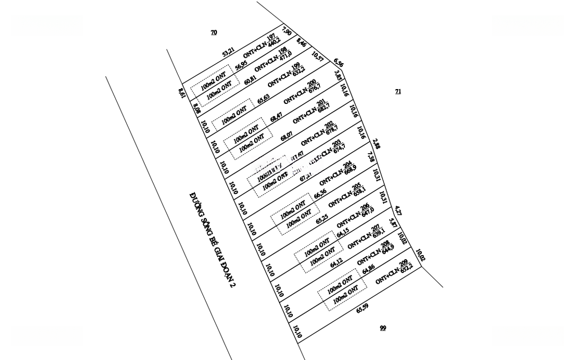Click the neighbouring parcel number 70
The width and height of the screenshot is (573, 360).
pos(214,32)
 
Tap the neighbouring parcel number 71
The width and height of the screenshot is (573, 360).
pos(398,91)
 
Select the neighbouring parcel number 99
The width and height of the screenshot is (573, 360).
pos(383,328)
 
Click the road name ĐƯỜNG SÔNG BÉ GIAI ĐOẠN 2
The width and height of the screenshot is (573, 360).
pos(213,240)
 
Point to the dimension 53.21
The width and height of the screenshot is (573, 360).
pos(228,52)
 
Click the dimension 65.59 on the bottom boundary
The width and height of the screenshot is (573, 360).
pos(362,308)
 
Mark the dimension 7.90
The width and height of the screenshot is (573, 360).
pos(287,31)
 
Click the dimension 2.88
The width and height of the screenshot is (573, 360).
pos(376,144)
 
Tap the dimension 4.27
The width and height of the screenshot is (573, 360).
pos(398,210)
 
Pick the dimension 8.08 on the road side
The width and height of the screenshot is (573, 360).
pos(196,109)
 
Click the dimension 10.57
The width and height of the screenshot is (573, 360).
pos(317,56)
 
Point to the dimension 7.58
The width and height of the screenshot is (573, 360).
pos(371,157)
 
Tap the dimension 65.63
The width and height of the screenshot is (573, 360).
pos(264,99)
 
